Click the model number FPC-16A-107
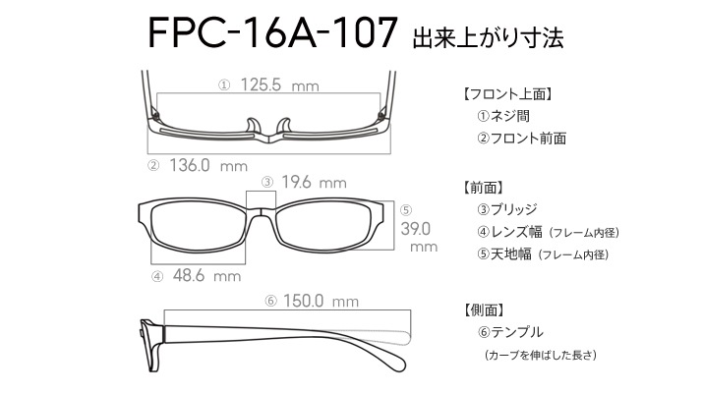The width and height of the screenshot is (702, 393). click(272, 32)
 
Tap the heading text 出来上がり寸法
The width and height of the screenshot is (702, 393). click(488, 38)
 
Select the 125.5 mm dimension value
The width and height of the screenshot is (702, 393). click(280, 84)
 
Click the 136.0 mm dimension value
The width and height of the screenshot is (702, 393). click(208, 166)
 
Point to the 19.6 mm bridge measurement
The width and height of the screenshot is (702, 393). click(314, 182)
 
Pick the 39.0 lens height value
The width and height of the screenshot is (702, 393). click(416, 229)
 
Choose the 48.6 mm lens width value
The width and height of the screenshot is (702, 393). click(206, 275)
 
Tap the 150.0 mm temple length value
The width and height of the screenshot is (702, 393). click(321, 301)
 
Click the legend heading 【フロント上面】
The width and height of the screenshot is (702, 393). click(506, 94)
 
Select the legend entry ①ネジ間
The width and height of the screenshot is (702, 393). click(503, 116)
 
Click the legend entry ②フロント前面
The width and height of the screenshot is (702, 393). click(522, 139)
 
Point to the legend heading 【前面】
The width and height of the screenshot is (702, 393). click(483, 188)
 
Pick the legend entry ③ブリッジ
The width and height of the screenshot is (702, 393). click(507, 209)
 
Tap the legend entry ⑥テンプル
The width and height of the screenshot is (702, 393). click(510, 332)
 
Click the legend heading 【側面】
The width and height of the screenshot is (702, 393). click(483, 310)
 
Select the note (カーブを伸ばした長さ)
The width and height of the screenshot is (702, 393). click(541, 355)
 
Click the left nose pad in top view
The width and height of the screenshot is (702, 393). click(253, 126)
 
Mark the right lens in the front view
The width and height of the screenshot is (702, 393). click(324, 226)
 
